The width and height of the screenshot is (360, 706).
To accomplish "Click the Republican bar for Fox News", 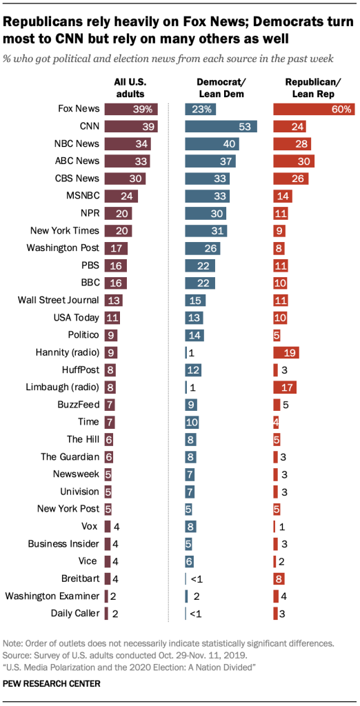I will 314,108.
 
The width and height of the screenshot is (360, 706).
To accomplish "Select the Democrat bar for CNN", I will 221,126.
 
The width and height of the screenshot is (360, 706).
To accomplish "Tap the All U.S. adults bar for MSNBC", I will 121,196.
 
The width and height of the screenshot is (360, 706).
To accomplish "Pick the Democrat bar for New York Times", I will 205,230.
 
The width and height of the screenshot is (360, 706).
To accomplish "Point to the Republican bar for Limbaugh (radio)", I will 285,387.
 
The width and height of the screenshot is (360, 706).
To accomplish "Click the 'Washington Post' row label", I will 63,248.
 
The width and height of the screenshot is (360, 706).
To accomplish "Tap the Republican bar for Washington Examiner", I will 277,596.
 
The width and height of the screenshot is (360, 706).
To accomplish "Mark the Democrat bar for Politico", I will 194,334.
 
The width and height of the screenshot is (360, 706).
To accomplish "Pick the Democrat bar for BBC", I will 200,283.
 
